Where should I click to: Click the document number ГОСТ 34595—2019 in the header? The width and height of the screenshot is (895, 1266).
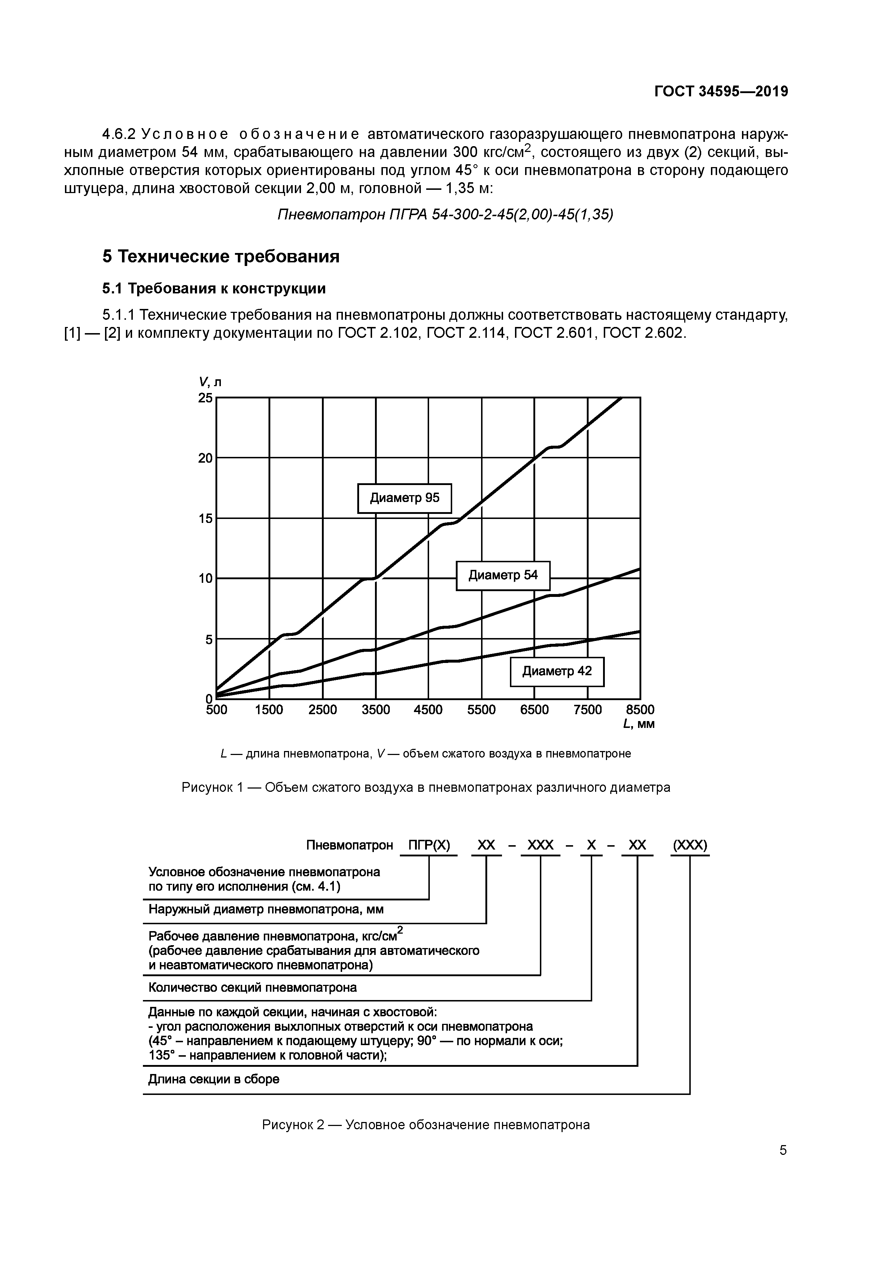click(721, 92)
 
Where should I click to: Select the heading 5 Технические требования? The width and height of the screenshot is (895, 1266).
click(221, 256)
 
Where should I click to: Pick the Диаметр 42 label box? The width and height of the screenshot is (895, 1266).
click(556, 672)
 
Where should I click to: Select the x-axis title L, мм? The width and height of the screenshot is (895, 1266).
click(638, 724)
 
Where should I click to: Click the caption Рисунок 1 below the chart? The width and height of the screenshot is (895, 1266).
click(426, 787)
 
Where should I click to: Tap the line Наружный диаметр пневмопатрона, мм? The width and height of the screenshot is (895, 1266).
click(266, 909)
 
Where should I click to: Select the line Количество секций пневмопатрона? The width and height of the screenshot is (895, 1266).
click(253, 987)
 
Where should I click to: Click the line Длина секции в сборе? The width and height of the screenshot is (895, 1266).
click(214, 1079)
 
